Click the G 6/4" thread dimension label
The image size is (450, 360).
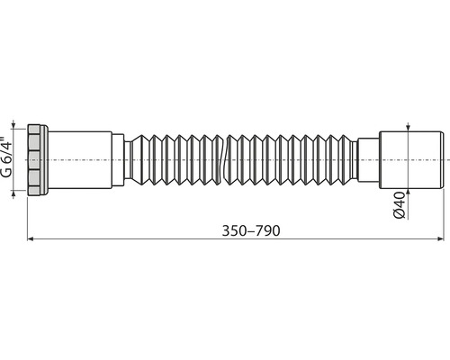(x=6, y=157)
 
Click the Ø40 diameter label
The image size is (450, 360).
(x=400, y=205)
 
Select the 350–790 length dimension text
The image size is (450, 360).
(x=251, y=230)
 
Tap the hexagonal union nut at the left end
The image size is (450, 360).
(x=34, y=160)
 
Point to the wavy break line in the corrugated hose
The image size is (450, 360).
(x=225, y=159)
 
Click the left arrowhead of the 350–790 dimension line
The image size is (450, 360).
(x=31, y=238)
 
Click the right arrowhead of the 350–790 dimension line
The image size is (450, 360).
(x=441, y=238)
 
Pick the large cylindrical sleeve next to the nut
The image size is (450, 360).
(x=80, y=160)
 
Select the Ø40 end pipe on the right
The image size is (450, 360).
(x=411, y=160)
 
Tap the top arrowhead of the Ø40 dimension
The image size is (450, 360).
(x=408, y=128)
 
